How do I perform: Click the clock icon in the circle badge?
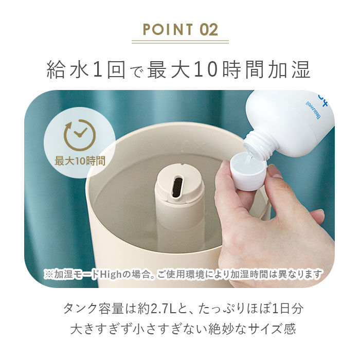coord(79,135)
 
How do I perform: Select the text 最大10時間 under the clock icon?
coord(80,160)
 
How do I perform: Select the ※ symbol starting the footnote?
coord(48,274)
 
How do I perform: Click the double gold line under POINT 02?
coord(180,41)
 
